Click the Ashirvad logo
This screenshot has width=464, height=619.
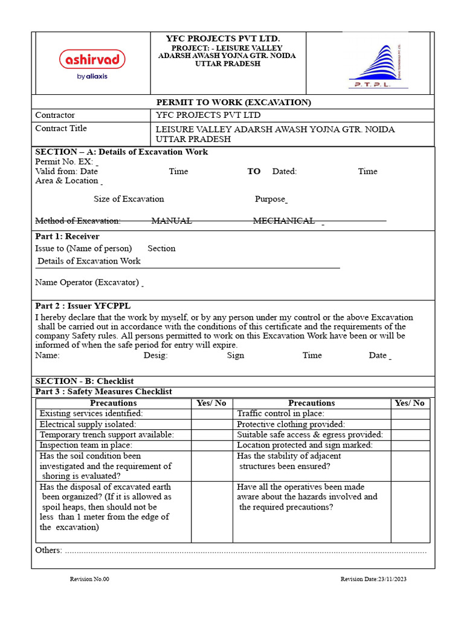point(92,63)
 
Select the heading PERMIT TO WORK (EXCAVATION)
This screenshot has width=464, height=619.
point(234,102)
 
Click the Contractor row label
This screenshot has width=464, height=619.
point(55,115)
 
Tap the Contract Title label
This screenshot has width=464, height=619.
point(61,128)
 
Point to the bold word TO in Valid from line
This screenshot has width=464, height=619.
point(254,171)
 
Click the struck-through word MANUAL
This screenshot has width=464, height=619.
point(172,221)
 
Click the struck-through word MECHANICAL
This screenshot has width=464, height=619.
point(283,221)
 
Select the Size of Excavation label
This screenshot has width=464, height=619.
point(129,199)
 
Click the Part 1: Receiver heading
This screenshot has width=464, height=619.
point(67,236)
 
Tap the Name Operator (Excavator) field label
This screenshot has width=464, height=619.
point(87,282)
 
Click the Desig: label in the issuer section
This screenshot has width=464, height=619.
point(155,355)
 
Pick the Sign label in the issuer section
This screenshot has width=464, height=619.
point(236,355)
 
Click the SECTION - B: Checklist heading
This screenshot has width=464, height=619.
point(84,381)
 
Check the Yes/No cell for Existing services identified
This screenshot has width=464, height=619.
point(211,413)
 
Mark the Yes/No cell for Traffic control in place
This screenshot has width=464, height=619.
point(410,413)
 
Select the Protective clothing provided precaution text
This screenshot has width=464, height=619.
point(291,424)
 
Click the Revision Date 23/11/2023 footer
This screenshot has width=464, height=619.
point(373,579)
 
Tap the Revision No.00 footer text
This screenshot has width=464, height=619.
point(89,579)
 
